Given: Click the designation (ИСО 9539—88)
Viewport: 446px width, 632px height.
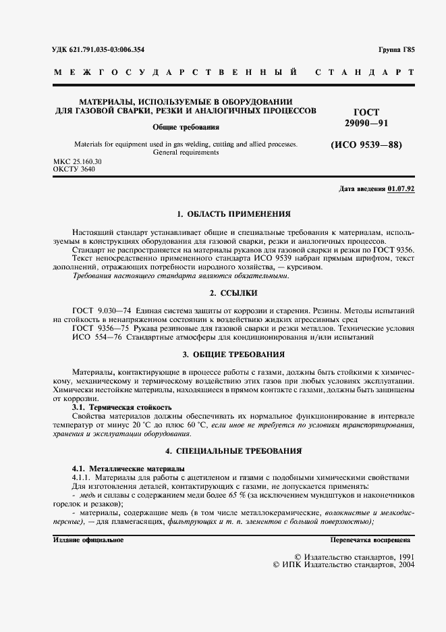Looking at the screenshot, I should [366, 144].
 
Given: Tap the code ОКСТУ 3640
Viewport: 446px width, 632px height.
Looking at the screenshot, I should [74, 169].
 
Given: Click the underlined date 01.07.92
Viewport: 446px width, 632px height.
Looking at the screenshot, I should [401, 188].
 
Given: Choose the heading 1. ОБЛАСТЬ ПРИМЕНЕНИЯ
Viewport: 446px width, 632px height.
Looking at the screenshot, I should [233, 214].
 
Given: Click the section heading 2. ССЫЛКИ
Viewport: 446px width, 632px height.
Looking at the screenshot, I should [233, 293].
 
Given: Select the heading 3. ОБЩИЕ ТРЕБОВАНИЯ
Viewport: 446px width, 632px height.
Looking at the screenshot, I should [233, 354].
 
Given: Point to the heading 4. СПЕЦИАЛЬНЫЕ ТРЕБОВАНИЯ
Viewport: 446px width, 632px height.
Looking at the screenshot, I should [233, 450].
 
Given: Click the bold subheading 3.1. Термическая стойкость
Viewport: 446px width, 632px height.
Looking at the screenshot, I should [121, 408].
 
